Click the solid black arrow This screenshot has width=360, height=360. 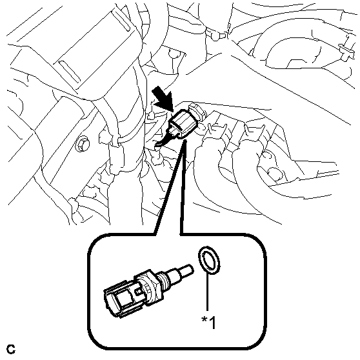pos(163,99)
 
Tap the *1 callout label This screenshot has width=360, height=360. pos(208,322)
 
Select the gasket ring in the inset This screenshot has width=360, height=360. pos(209,261)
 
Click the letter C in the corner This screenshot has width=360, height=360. pos(11,349)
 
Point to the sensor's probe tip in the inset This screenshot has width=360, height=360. pos(188,269)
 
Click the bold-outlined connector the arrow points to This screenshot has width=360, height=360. pos(183,124)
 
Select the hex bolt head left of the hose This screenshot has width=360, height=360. pos(82,144)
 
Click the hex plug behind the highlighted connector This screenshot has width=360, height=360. pos(198,112)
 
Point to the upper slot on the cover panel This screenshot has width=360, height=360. pos(121,21)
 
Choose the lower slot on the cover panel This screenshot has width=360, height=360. pos(70,72)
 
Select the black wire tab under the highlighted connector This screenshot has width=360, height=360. pos(164,140)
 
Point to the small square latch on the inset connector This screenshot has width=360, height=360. pos(138,292)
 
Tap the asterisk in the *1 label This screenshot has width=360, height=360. pos(204,319)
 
